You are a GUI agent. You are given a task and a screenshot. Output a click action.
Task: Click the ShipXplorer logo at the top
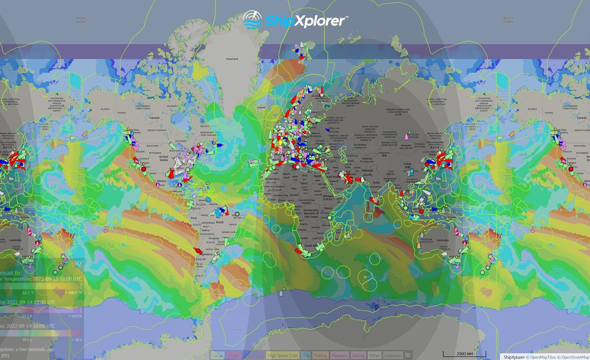pos(295,20)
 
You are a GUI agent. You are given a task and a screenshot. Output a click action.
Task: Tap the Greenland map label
pos(232,59)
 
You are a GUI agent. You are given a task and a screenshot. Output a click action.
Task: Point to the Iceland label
pos(261,107)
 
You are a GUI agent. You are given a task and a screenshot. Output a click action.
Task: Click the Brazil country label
pos(219,222)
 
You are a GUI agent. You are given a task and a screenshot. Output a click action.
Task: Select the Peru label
pos(194,218)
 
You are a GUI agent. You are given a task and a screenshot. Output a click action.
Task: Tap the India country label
pos(376,183)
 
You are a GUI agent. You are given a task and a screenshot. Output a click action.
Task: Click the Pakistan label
pos(367,171)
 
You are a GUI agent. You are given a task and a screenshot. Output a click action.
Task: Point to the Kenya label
pos(328,208)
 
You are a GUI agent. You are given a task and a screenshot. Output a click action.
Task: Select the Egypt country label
pos(317,176)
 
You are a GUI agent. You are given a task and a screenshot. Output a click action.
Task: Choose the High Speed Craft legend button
pos(282,356)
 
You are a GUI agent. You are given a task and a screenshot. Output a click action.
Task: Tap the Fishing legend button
pos(320,356)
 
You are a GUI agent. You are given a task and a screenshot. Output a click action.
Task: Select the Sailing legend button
pos(358,356)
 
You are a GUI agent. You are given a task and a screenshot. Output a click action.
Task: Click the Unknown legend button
pos(393,356)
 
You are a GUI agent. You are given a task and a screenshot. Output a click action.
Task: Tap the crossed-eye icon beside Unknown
pos(408,355)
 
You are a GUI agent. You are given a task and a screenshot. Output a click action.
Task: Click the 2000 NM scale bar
pos(465,354)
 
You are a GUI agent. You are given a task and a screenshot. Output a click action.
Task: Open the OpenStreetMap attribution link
pos(575,357)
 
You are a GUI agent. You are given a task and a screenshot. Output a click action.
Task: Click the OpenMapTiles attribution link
pos(543,357)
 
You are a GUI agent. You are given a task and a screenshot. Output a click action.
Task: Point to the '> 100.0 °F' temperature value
pos(73,293)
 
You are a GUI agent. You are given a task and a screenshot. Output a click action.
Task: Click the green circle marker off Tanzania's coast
pos(330,218)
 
